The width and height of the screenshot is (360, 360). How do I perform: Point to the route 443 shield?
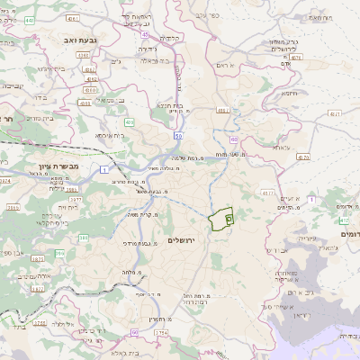[x=145, y=34]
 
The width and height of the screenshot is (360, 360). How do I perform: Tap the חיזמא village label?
[x=289, y=93]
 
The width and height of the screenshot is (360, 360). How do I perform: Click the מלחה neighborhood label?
[x=130, y=273]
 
